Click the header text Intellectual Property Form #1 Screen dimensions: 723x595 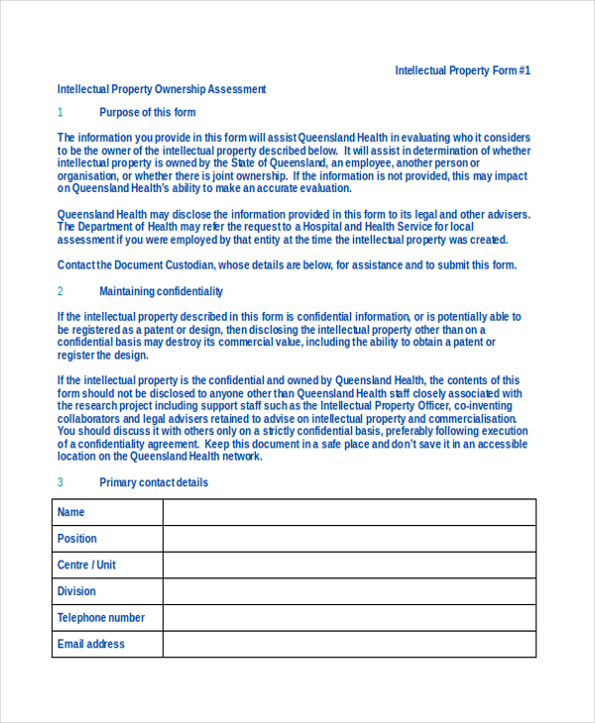[x=462, y=70]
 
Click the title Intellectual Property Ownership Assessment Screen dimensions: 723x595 [x=162, y=89]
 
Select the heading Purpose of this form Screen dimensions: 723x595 [x=148, y=112]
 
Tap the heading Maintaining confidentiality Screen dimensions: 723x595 [x=161, y=291]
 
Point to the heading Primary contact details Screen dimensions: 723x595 [x=154, y=482]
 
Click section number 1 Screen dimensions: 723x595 [x=59, y=112]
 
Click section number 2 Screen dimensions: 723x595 [x=59, y=291]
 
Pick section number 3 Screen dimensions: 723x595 [x=59, y=482]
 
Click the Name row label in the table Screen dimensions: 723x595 [x=71, y=512]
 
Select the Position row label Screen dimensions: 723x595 [x=77, y=539]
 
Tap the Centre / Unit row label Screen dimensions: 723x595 [x=86, y=565]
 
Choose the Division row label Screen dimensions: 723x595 [x=76, y=591]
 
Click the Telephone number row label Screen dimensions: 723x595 [x=101, y=617]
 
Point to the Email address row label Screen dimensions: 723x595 [x=91, y=644]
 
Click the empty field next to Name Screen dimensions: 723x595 [x=349, y=512]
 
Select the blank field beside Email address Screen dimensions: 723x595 [x=349, y=644]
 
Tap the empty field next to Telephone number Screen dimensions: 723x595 [x=349, y=617]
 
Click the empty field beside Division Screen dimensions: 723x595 [x=349, y=591]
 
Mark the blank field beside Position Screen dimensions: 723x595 [x=349, y=539]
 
